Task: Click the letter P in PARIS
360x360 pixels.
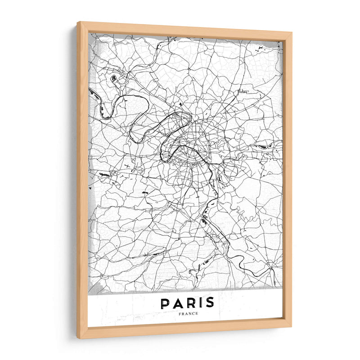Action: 165,304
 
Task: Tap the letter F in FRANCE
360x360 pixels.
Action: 178,314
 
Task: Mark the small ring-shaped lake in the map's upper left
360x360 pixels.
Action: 113,78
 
